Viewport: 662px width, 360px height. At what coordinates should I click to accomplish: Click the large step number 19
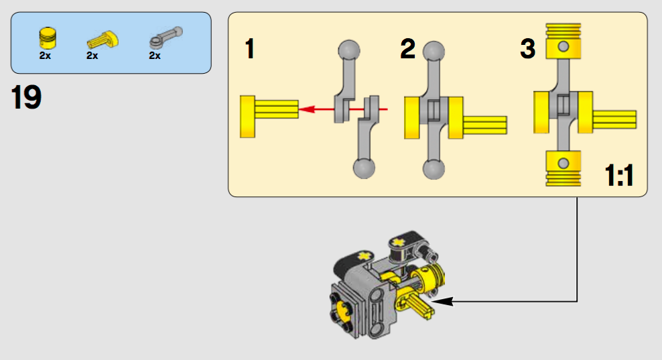pyautogui.click(x=26, y=97)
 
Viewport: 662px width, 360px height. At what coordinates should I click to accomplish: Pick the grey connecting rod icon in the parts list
pyautogui.click(x=165, y=36)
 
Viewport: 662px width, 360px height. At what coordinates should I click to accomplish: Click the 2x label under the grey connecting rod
pyautogui.click(x=155, y=56)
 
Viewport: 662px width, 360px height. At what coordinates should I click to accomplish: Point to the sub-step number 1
pyautogui.click(x=249, y=50)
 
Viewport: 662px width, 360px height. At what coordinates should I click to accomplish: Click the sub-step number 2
pyautogui.click(x=407, y=50)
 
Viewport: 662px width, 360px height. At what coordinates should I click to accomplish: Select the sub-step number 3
pyautogui.click(x=528, y=50)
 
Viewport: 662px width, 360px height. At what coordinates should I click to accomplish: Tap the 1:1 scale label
pyautogui.click(x=619, y=178)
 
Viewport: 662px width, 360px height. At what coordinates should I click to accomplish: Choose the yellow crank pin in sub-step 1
pyautogui.click(x=269, y=117)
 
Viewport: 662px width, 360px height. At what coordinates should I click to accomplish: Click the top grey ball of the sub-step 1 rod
pyautogui.click(x=348, y=50)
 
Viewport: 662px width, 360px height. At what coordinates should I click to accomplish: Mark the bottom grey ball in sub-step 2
pyautogui.click(x=434, y=168)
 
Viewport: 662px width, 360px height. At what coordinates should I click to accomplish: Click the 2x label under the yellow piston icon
pyautogui.click(x=46, y=56)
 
